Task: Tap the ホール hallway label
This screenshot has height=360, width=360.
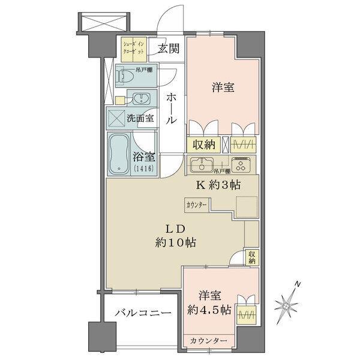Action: (171, 108)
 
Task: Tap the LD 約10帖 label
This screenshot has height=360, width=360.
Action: (175, 236)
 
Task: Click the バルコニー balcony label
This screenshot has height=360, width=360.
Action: (142, 313)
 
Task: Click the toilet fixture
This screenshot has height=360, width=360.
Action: (127, 77)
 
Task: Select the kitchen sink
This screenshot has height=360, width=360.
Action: (202, 163)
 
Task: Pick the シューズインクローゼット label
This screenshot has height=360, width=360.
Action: (134, 47)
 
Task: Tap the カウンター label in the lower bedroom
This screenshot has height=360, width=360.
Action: (208, 341)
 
